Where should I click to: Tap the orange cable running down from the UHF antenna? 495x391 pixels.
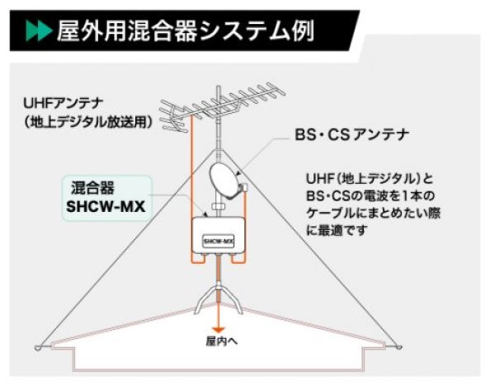191,165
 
